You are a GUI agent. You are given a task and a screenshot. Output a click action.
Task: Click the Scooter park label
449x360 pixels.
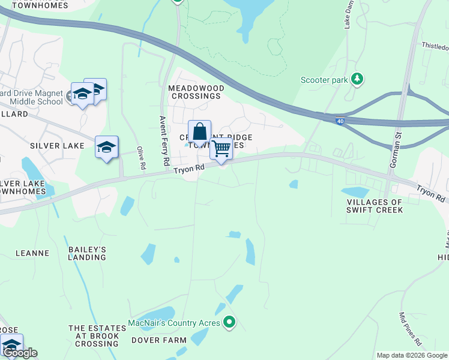(324, 79)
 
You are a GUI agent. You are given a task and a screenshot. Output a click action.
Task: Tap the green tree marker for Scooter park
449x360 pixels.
(357, 78)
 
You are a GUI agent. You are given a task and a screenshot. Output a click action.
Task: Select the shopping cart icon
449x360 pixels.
(221, 148)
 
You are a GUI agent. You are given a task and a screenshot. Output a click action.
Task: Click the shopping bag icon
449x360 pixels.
(199, 132)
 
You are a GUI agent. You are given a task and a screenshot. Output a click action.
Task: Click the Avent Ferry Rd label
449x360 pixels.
(163, 141)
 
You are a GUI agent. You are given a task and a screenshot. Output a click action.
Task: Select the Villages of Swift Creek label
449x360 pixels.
(374, 206)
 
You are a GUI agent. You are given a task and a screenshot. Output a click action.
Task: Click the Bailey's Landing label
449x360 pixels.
(87, 253)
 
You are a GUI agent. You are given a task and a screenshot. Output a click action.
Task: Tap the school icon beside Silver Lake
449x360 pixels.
(107, 147)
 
